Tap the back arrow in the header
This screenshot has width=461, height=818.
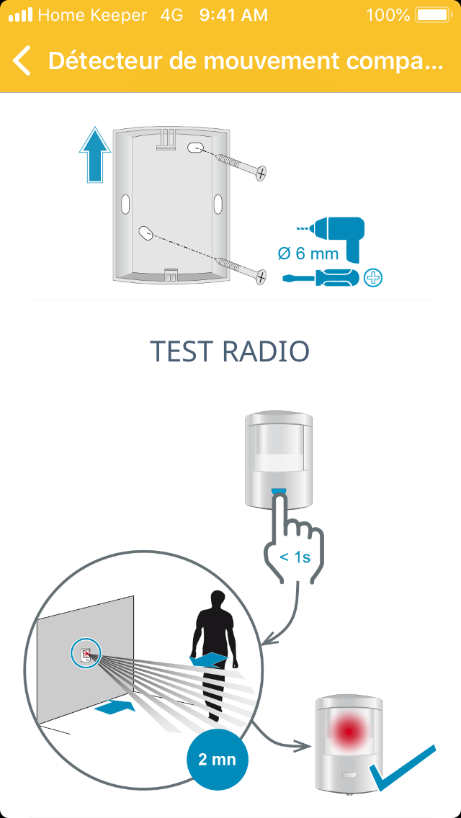point(22,60)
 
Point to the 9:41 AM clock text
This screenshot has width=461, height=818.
point(233,15)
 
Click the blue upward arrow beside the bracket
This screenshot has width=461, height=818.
point(95,154)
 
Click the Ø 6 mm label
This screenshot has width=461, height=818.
point(308,254)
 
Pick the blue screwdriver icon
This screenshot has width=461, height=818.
point(321,278)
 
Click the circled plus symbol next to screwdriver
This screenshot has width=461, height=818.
point(373,278)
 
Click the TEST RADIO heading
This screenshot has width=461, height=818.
point(230,351)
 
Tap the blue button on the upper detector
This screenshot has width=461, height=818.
point(279,491)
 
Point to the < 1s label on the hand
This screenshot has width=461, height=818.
point(295,557)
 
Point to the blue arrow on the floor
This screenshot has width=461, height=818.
point(115,707)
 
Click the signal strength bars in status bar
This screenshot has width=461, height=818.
point(20,15)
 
